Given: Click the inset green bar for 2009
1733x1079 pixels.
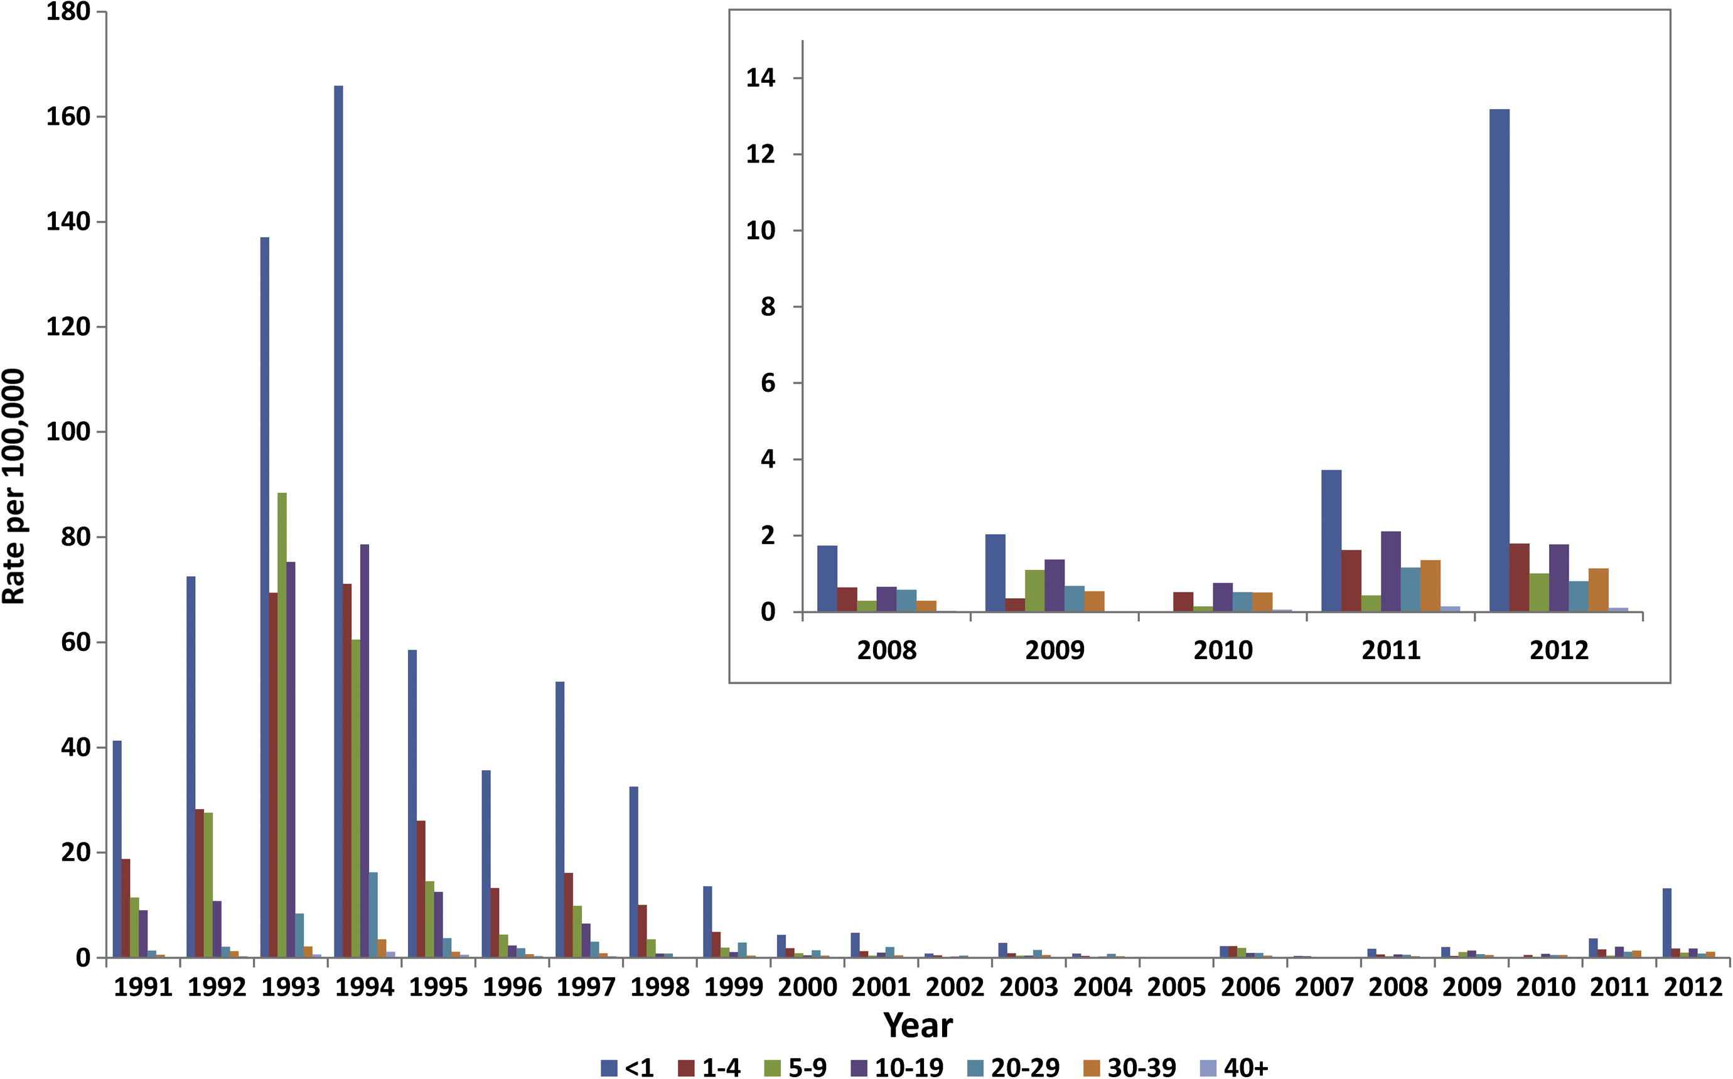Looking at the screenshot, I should coord(1034,591).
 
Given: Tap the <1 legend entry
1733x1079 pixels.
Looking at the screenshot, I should coord(628,1068).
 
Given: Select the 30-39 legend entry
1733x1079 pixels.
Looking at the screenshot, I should coord(1130,1068).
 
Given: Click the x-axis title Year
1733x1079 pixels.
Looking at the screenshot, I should coord(918,1026).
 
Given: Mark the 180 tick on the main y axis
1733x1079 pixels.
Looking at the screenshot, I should coord(68,12).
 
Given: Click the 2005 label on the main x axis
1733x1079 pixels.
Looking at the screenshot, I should coord(1176,987).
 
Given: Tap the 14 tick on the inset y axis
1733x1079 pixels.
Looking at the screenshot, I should coord(761,78).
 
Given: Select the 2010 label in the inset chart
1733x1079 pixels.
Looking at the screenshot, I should coord(1223,650).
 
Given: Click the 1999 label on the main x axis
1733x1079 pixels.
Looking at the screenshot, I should coord(734,987).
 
